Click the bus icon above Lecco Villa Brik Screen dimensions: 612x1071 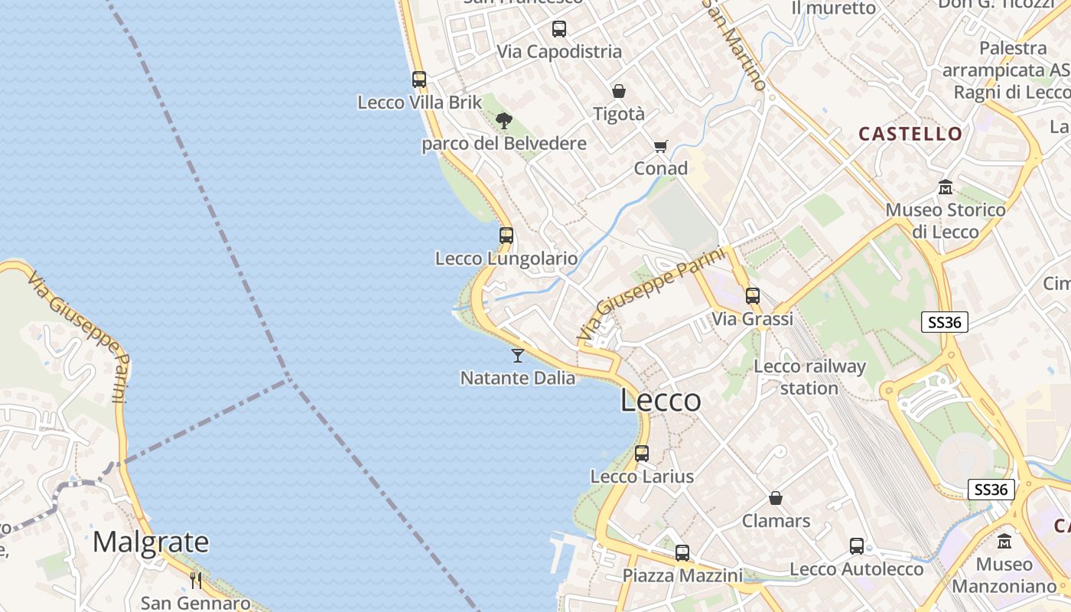point(419,79)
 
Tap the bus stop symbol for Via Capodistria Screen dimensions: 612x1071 point(559,29)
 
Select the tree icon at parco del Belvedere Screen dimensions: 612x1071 point(503,120)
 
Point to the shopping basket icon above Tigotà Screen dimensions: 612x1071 point(619,91)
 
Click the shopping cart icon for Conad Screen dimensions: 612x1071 point(660,146)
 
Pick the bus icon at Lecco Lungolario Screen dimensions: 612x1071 point(506,236)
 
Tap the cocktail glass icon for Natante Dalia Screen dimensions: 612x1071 point(518,355)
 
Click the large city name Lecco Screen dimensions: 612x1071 point(660,400)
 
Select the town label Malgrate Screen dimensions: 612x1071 point(151,542)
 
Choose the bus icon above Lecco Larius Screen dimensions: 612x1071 point(642,454)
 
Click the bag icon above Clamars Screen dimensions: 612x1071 point(776,498)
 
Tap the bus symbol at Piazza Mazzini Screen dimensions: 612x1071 point(682,552)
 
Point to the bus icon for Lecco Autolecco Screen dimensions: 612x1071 point(857,546)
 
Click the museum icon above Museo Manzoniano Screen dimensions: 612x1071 point(1004,541)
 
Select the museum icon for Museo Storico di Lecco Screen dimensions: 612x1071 point(946,187)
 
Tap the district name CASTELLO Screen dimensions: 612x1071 point(910,134)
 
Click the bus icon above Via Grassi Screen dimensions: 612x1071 point(753,296)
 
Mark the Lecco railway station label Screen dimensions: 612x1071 point(810,377)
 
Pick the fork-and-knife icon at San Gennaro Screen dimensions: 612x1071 point(196,580)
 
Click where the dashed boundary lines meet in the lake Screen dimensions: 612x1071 point(288,379)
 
